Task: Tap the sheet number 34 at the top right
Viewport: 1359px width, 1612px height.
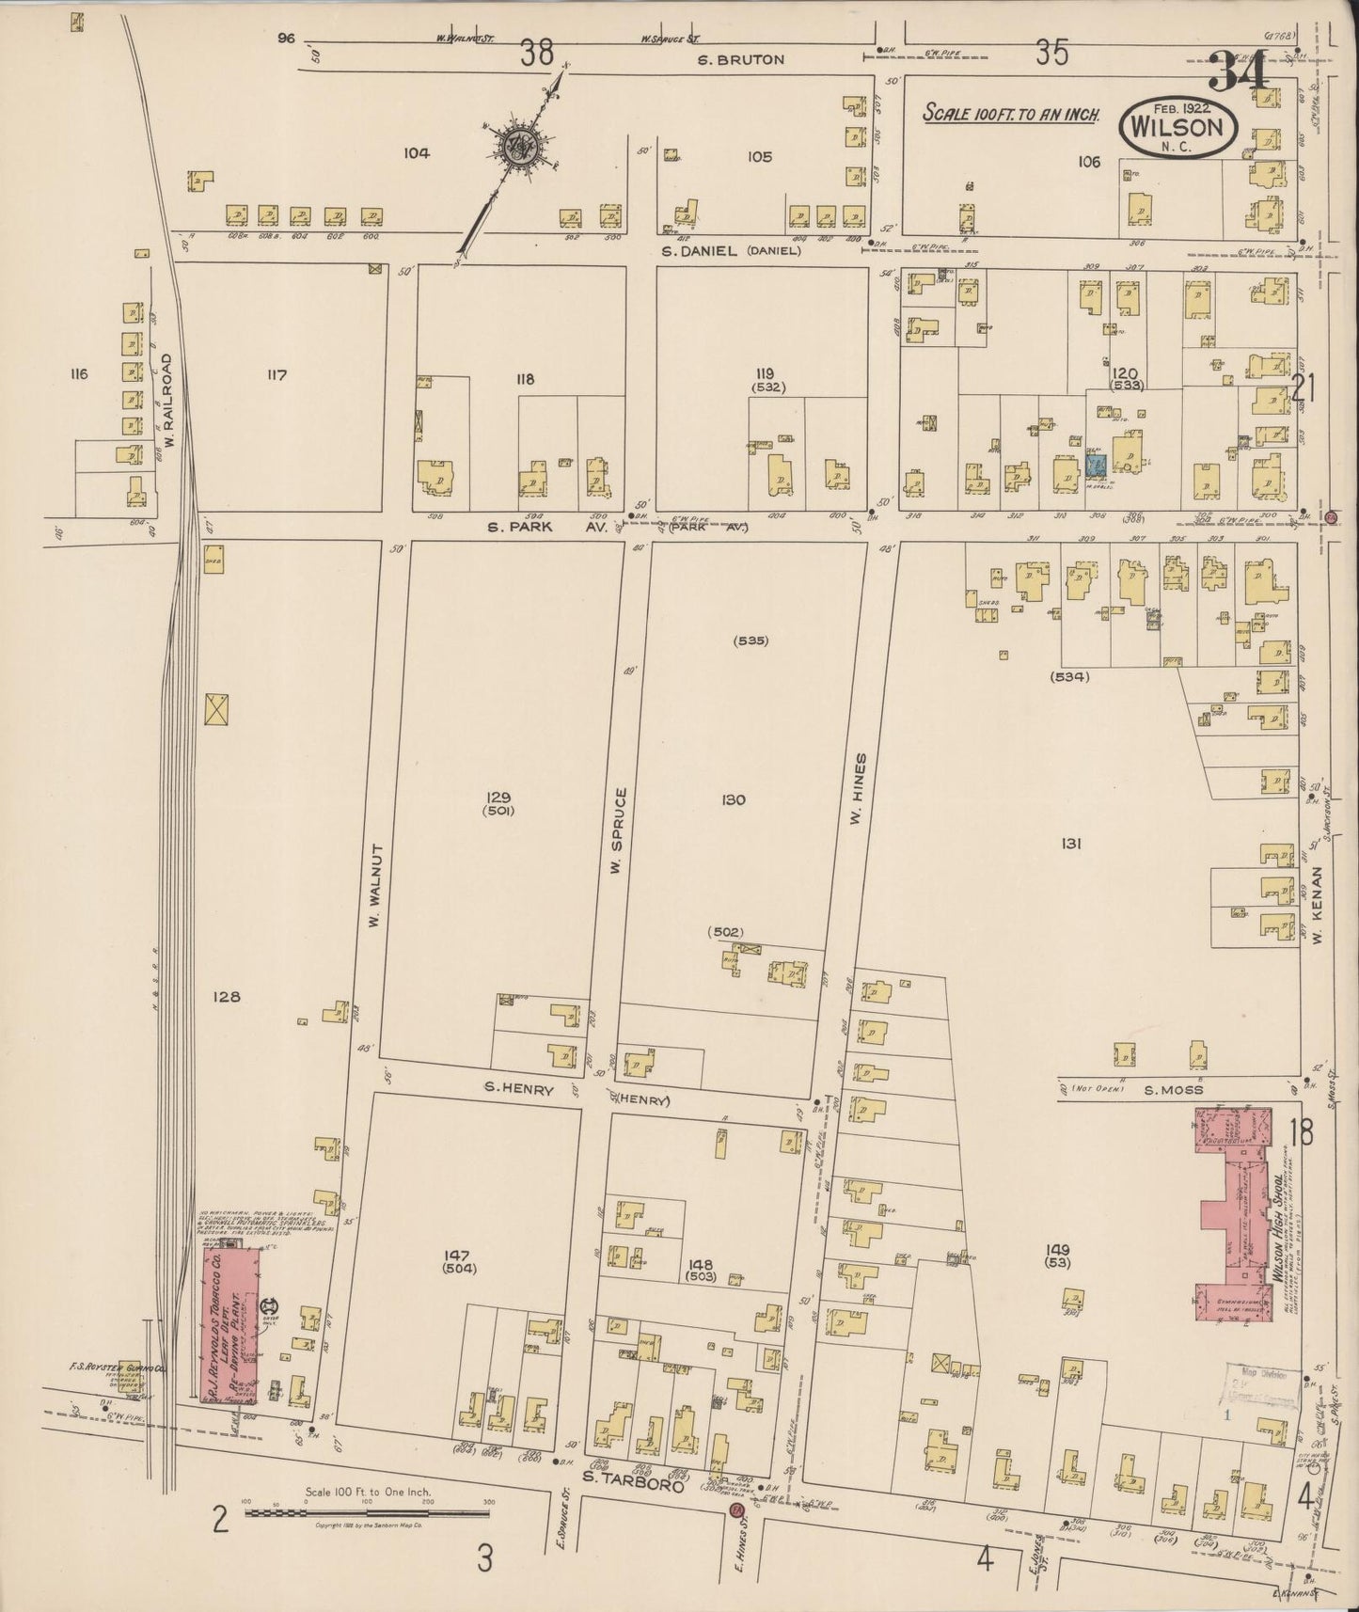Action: click(1240, 71)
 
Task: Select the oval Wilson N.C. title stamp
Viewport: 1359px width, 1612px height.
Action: click(1177, 127)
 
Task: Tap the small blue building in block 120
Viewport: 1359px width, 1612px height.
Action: click(1095, 464)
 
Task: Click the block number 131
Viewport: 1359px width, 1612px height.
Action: click(1070, 843)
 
